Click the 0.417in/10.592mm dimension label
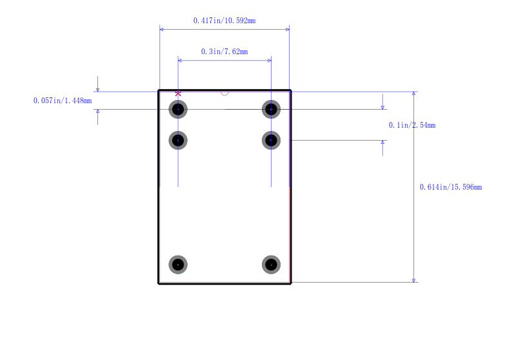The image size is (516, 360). (224, 21)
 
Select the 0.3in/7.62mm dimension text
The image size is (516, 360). (224, 52)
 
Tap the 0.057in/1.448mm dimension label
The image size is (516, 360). (63, 101)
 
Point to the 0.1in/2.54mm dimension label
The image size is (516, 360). (412, 125)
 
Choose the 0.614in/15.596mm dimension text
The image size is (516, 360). (451, 187)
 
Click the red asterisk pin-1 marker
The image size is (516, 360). (178, 94)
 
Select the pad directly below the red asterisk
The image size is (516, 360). (178, 109)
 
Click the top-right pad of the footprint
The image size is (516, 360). (271, 109)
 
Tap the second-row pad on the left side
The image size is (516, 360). (178, 141)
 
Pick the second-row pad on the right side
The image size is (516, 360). (271, 141)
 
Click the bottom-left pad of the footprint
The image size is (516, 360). (178, 265)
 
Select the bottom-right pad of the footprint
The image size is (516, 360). (271, 265)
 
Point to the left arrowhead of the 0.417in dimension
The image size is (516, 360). (161, 29)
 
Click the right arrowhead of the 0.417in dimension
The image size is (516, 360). (288, 29)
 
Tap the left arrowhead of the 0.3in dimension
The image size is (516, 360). (180, 61)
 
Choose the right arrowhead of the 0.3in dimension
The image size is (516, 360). (270, 61)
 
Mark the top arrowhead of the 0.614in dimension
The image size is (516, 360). (413, 94)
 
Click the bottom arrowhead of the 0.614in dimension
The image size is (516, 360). (413, 281)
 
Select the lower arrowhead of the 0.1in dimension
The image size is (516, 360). (382, 142)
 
